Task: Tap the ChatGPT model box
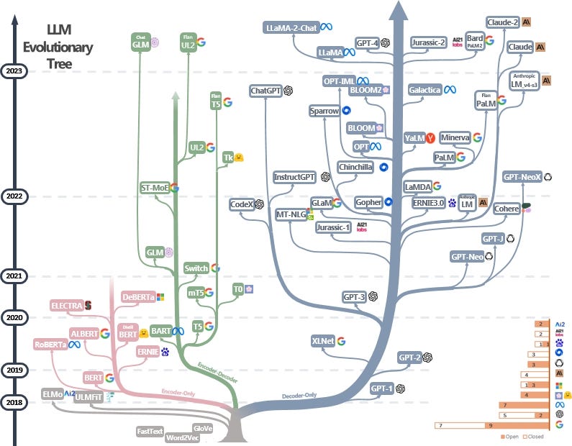266,91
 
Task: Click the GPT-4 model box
368,43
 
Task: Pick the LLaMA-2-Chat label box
291,27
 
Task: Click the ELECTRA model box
66,306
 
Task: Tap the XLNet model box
323,340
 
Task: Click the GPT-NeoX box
522,176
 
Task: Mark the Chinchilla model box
355,167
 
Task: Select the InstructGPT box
295,177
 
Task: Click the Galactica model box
425,90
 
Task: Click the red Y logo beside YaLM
430,137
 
